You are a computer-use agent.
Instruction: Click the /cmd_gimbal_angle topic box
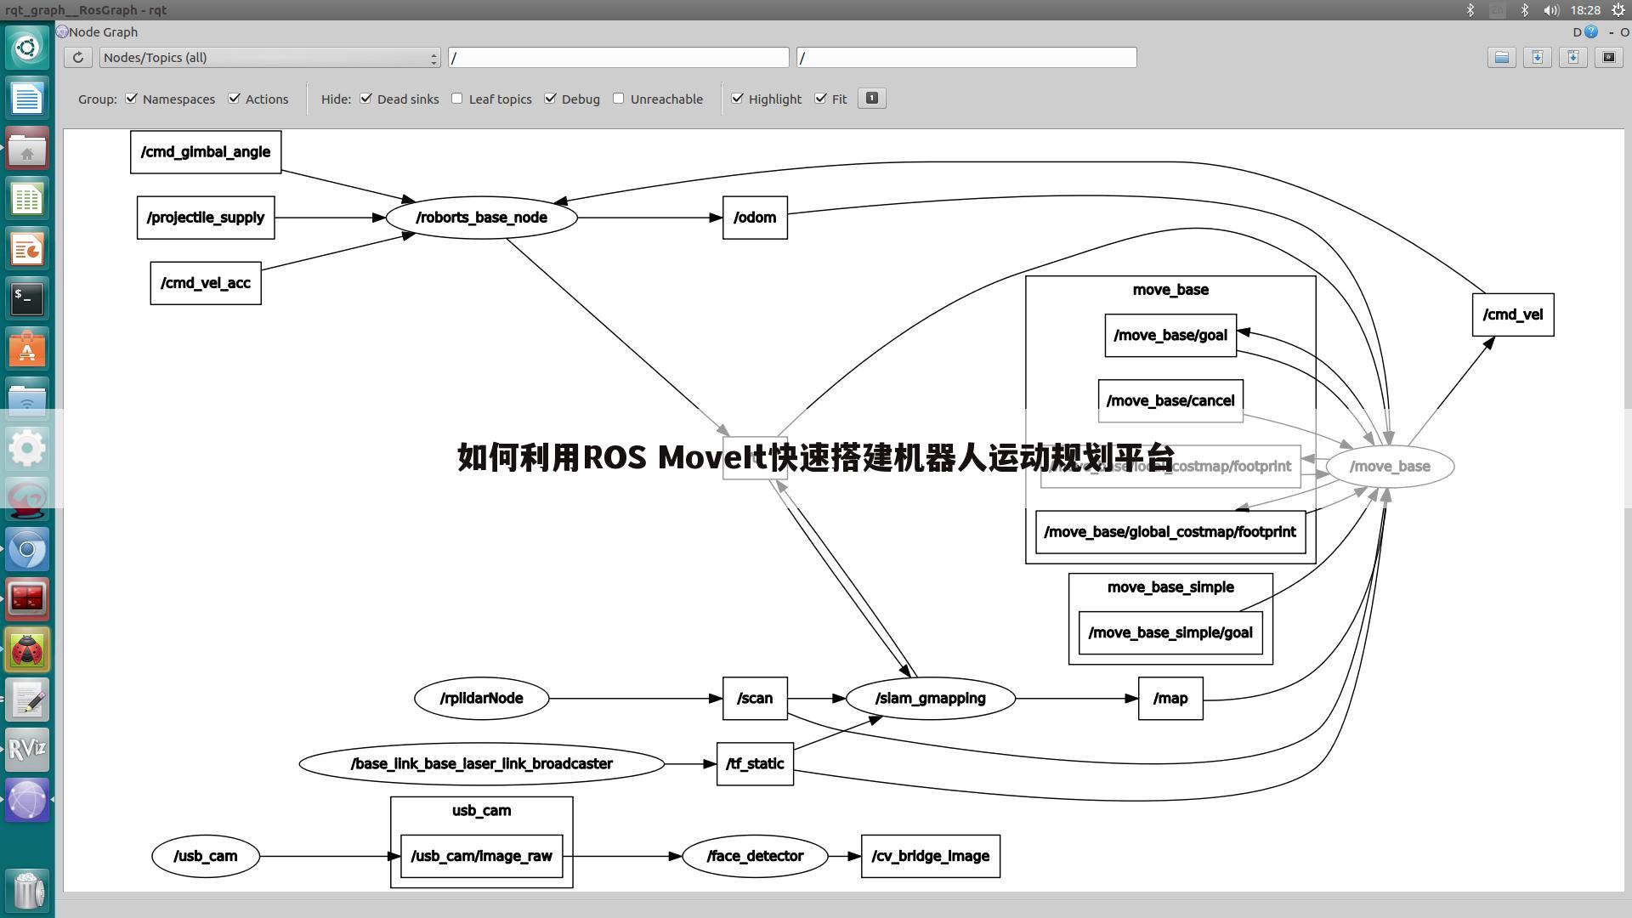tap(206, 152)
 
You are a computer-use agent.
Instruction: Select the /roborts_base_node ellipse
tap(481, 218)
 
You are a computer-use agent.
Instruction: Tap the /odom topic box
tap(755, 218)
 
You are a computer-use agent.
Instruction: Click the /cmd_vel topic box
tap(1512, 314)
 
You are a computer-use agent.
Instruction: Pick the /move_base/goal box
tap(1170, 335)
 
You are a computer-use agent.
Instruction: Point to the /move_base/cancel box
tap(1170, 399)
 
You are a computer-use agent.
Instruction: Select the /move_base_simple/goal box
tap(1170, 632)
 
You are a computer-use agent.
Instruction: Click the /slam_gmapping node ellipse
tap(930, 699)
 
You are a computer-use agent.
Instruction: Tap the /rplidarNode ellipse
tap(481, 699)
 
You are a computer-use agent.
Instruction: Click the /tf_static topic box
tap(755, 763)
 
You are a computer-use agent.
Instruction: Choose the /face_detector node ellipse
tap(755, 856)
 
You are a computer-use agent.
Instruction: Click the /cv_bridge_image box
tap(930, 856)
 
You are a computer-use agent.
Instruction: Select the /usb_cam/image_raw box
tap(481, 856)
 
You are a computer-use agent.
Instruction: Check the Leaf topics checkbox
tap(457, 99)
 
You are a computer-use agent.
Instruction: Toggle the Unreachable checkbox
tap(619, 99)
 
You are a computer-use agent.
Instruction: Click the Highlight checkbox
tap(737, 99)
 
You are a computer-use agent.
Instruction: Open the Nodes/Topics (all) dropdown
tap(269, 58)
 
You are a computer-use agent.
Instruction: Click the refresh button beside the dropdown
tap(78, 58)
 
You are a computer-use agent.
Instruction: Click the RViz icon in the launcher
tap(27, 750)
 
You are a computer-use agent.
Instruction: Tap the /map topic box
tap(1170, 699)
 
